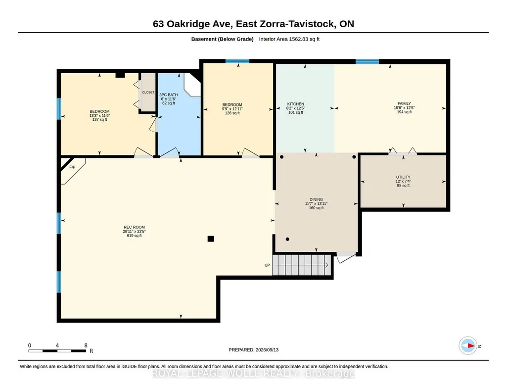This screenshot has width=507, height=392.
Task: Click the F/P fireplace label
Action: [x=72, y=167]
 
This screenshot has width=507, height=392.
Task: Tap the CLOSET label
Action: [x=148, y=93]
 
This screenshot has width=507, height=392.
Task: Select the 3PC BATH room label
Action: [x=169, y=95]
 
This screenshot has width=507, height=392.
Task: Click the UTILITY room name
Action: [x=403, y=177]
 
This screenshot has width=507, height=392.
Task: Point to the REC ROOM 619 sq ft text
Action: [x=134, y=236]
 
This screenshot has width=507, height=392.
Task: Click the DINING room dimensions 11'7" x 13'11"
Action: [x=316, y=204]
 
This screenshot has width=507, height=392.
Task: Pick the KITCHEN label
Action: [x=295, y=104]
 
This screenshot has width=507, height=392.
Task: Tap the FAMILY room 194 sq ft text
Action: [x=404, y=112]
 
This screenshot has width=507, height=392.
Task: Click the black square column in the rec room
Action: [x=211, y=239]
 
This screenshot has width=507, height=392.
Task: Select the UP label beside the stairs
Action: [x=267, y=265]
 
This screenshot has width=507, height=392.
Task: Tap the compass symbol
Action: [x=468, y=346]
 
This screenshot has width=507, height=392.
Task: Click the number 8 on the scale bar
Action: [x=86, y=345]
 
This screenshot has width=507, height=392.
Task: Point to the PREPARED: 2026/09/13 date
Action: [x=253, y=349]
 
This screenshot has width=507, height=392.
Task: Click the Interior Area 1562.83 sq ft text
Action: [x=289, y=39]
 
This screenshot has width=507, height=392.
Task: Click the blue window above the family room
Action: [x=368, y=61]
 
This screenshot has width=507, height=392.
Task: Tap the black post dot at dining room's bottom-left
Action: [x=287, y=240]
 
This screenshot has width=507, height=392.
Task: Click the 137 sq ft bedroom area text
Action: [x=99, y=120]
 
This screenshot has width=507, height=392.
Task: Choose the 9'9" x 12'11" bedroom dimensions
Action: [x=232, y=109]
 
